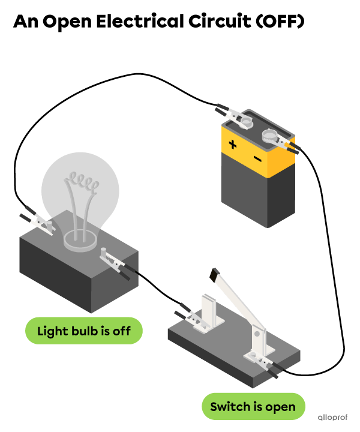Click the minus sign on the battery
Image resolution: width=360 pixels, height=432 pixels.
click(x=257, y=158)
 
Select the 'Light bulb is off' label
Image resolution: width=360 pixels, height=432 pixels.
click(x=84, y=331)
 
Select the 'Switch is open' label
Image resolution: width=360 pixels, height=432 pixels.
click(x=253, y=407)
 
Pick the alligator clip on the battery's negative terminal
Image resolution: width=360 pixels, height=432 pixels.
click(x=281, y=142)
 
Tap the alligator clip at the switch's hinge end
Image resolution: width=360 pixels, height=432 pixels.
click(x=262, y=362)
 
